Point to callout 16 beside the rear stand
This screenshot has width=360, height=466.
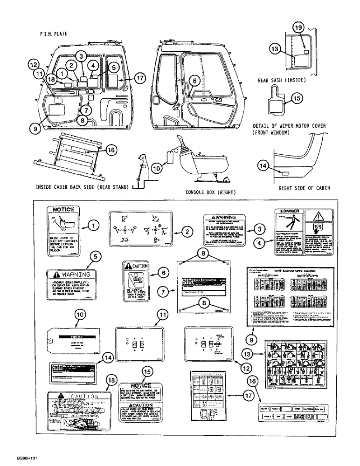click(x=110, y=150)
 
